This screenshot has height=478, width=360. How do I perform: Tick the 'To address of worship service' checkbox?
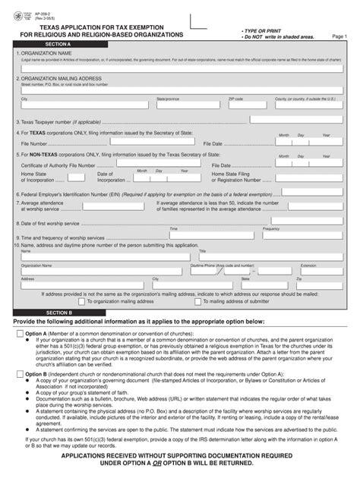[x=198, y=301]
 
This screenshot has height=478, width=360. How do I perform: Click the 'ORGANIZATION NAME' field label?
[x=46, y=54]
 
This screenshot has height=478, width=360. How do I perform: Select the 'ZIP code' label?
[x=235, y=99]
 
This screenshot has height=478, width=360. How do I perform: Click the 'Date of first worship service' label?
[x=52, y=224]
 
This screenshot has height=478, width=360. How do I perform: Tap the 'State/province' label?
[x=168, y=99]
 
